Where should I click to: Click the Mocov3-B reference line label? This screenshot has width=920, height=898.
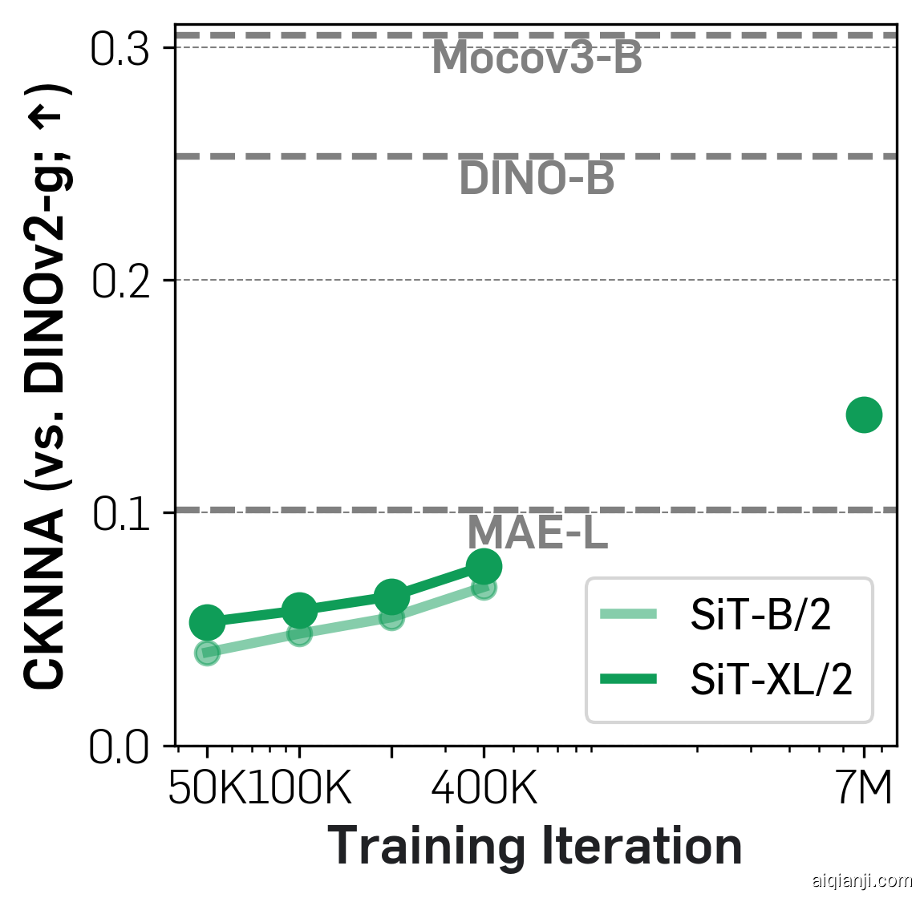[x=537, y=59]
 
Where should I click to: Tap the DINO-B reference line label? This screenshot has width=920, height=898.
[x=537, y=180]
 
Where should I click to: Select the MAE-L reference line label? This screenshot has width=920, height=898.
[x=537, y=532]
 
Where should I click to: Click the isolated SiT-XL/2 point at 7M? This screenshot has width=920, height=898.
[x=864, y=415]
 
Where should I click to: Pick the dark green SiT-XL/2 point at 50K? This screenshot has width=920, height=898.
[x=207, y=621]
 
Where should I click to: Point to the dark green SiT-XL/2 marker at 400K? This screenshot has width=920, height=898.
[x=484, y=567]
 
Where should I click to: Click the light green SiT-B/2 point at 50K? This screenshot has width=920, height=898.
[x=207, y=653]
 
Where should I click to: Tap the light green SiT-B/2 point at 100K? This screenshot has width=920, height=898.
[x=299, y=634]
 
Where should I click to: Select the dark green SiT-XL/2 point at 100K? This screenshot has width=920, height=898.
[x=299, y=611]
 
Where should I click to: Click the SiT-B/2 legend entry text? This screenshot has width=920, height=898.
[x=760, y=616]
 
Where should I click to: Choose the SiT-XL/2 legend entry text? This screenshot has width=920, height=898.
[x=771, y=681]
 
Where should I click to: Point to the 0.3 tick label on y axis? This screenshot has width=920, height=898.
[x=121, y=50]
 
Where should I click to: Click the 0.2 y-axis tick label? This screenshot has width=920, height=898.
[x=121, y=282]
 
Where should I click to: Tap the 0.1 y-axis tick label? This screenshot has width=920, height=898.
[x=121, y=514]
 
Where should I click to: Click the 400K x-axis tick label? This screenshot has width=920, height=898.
[x=484, y=790]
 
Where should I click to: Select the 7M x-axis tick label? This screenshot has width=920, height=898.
[x=864, y=790]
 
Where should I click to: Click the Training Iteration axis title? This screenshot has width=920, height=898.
[x=535, y=847]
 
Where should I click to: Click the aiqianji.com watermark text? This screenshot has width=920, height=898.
[x=862, y=881]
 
